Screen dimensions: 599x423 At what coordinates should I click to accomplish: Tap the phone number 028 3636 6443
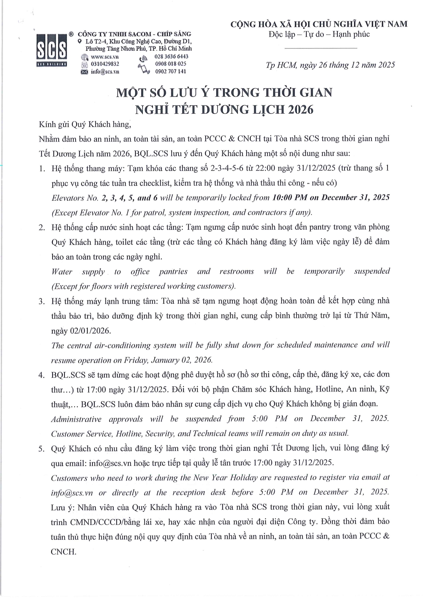point(171,56)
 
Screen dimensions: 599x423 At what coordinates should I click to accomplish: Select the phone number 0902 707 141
point(171,71)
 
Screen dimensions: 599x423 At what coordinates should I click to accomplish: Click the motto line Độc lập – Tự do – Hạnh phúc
point(319,34)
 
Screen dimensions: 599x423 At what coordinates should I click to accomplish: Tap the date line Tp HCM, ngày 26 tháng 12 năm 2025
point(330,65)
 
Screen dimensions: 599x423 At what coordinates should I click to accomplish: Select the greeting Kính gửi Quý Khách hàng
point(85,124)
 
